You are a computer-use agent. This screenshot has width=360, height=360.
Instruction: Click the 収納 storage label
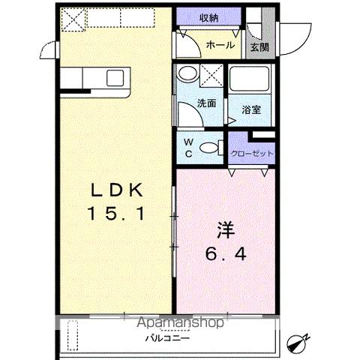209,18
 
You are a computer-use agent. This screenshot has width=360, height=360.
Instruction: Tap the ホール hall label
221,46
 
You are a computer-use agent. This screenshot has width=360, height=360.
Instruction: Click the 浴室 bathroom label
250,109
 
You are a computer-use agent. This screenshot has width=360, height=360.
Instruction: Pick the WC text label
189,147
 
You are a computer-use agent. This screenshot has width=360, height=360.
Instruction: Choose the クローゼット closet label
251,154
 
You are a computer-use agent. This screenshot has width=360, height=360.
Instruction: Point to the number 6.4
225,254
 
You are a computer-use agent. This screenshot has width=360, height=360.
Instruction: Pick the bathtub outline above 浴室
250,81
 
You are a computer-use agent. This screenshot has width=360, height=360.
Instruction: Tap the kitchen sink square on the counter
114,77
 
